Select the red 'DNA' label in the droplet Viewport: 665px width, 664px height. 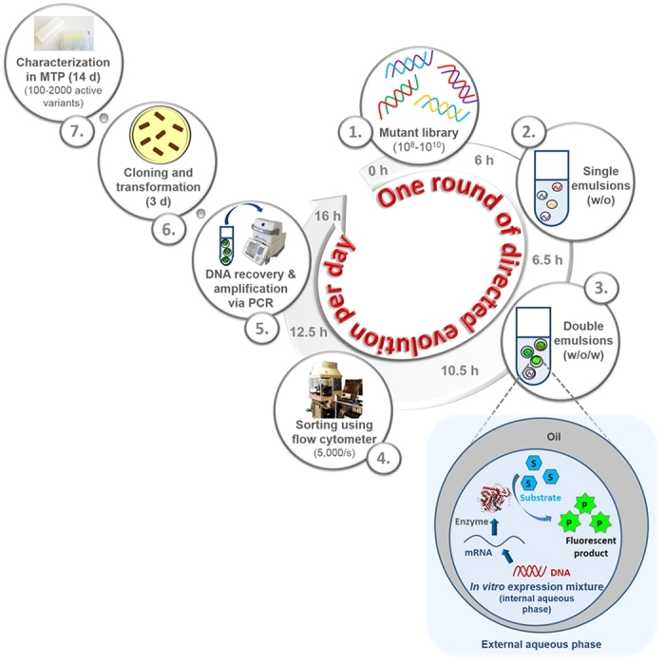tap(560, 572)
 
